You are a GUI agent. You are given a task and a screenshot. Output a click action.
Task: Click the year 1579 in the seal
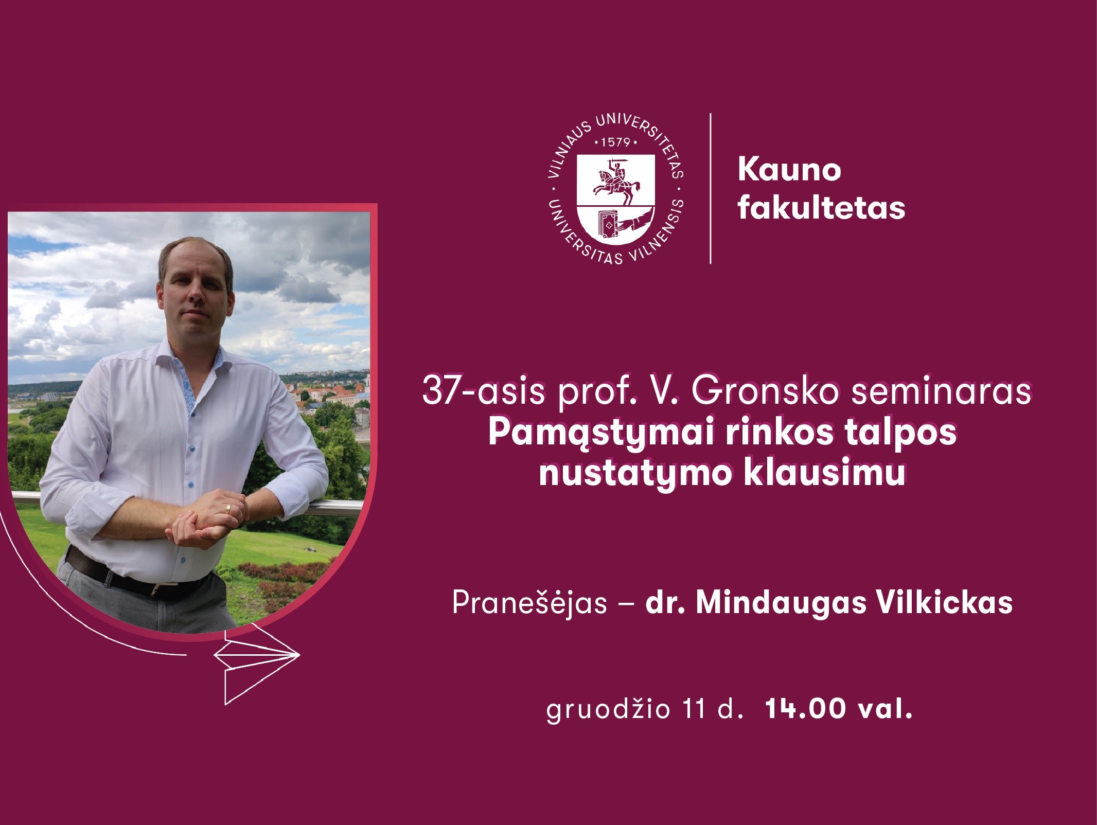coord(615,142)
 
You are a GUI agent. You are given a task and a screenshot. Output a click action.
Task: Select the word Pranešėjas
coord(529,603)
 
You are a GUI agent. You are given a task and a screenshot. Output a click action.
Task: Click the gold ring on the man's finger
coord(228,509)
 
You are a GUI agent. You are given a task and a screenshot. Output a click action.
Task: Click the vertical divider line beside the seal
coord(711,189)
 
